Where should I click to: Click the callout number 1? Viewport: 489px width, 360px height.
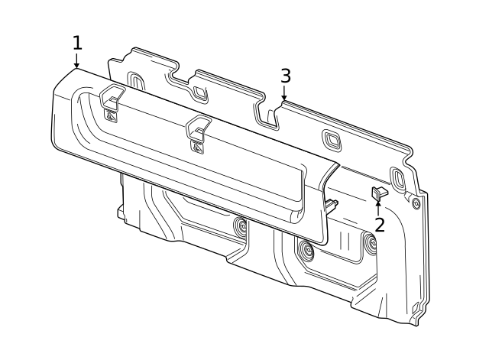[x=76, y=42]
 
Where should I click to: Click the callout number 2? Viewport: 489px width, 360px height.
[x=380, y=225]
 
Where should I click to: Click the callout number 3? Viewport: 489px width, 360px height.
[x=285, y=76]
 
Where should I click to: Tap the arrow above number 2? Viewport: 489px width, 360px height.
[x=378, y=205]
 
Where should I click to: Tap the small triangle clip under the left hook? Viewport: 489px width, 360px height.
[x=112, y=116]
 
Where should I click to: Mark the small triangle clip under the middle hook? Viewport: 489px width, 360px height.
[x=198, y=148]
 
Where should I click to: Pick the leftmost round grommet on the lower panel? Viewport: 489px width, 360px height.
[x=241, y=226]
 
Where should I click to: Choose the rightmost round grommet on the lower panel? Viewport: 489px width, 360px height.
[x=371, y=245]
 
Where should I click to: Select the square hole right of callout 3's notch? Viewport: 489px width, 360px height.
[x=332, y=138]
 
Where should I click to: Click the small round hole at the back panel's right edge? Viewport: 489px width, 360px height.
[x=416, y=203]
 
